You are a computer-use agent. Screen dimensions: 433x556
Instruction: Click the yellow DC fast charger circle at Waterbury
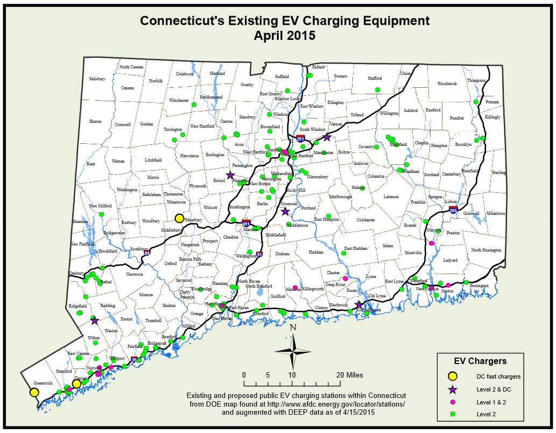[179, 218]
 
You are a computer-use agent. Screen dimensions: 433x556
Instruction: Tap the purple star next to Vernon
[326, 137]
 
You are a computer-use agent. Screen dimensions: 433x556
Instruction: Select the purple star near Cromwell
[285, 212]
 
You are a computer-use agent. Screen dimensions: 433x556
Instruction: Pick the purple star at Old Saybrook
[359, 305]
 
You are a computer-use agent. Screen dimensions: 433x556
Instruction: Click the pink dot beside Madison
[295, 287]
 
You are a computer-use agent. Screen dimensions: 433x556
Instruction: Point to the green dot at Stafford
[377, 89]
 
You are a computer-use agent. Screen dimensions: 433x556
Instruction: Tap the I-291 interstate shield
[300, 138]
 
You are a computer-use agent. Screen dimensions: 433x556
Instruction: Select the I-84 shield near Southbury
[147, 252]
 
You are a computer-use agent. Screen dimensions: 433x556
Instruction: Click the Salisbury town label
[97, 79]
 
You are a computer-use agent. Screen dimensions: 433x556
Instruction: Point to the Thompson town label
[476, 80]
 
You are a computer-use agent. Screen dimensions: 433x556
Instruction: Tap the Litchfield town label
[153, 160]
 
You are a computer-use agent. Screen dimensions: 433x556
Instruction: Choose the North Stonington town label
[486, 250]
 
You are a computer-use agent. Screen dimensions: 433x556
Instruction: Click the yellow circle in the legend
[453, 376]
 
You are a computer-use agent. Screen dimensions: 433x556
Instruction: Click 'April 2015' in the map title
[285, 36]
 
